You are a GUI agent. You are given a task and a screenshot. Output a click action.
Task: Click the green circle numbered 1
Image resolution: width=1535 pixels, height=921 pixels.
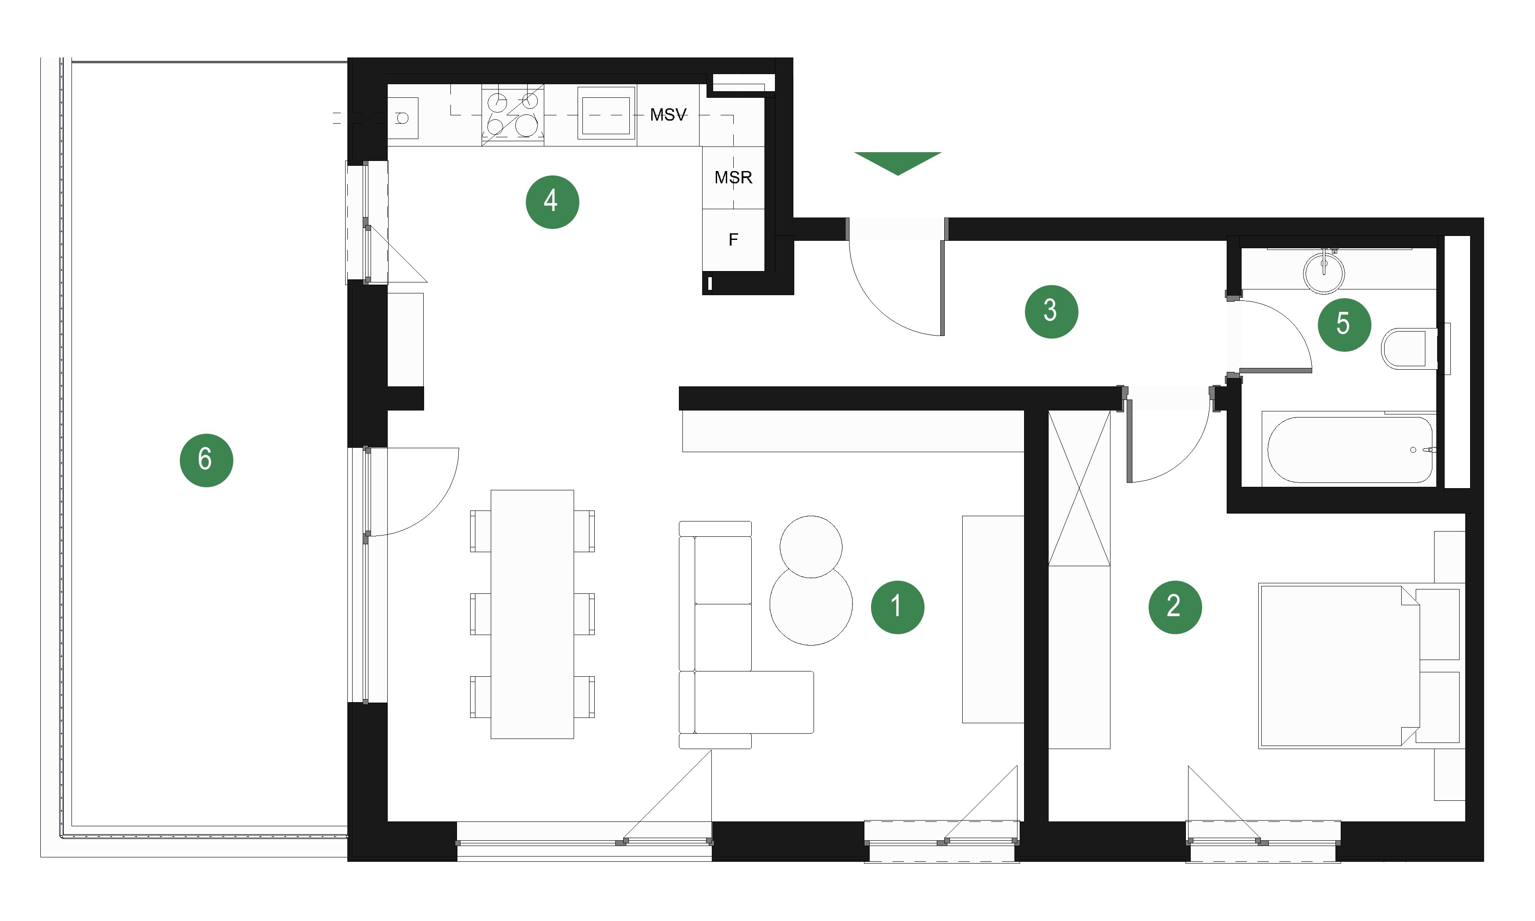point(897,607)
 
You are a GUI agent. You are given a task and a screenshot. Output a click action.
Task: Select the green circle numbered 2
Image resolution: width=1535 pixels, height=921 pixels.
point(1174,607)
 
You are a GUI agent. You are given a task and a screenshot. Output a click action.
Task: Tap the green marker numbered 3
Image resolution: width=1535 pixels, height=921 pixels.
point(1051,311)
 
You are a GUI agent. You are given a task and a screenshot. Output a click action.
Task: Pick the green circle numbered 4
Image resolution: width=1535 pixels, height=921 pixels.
point(552,202)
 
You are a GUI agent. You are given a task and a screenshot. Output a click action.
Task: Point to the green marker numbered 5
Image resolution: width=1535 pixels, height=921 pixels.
point(1344,325)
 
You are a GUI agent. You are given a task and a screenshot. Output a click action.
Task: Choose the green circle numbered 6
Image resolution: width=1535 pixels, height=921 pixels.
point(206,460)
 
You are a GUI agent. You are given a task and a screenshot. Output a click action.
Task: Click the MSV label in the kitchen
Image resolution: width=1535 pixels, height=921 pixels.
point(668,115)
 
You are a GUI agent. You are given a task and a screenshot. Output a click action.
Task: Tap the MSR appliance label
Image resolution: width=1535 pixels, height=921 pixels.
point(733,178)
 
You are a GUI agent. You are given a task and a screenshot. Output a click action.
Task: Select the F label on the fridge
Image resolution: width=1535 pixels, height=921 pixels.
point(733,239)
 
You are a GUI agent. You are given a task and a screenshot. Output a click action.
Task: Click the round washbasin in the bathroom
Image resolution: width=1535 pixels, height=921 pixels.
point(1324,272)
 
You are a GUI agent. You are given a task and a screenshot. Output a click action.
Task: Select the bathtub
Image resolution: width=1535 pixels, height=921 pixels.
point(1349,450)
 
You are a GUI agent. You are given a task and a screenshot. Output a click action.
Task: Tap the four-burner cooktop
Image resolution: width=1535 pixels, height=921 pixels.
point(513,115)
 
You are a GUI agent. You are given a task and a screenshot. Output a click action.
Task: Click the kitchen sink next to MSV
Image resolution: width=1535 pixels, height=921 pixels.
point(606,113)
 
